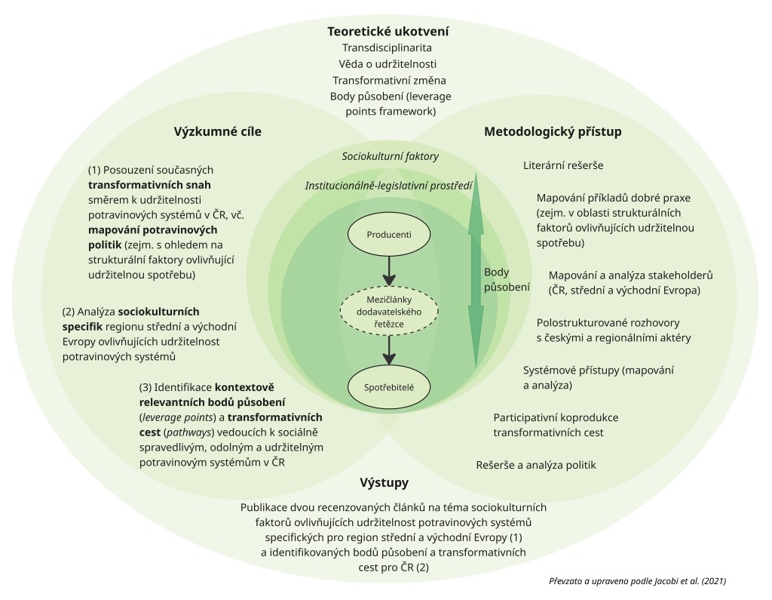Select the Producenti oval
coord(388,234)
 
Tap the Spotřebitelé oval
coord(388,386)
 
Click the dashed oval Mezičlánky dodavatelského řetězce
coord(388,312)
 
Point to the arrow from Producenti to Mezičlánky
coord(388,269)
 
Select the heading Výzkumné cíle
coord(218,131)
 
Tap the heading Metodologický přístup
coord(552,131)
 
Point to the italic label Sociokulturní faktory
coord(390,156)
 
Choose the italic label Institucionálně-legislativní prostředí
coord(388,185)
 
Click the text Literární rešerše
coord(563,165)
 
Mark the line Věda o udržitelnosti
coord(388,63)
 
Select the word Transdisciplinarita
coord(388,48)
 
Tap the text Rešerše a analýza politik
coord(535,465)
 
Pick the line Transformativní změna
coord(388,80)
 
